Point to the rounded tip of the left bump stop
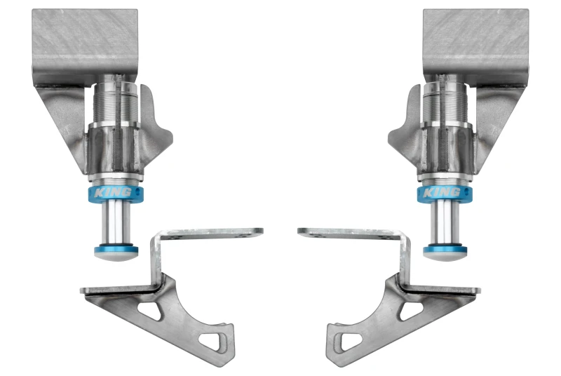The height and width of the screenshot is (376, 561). click(115, 257)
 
